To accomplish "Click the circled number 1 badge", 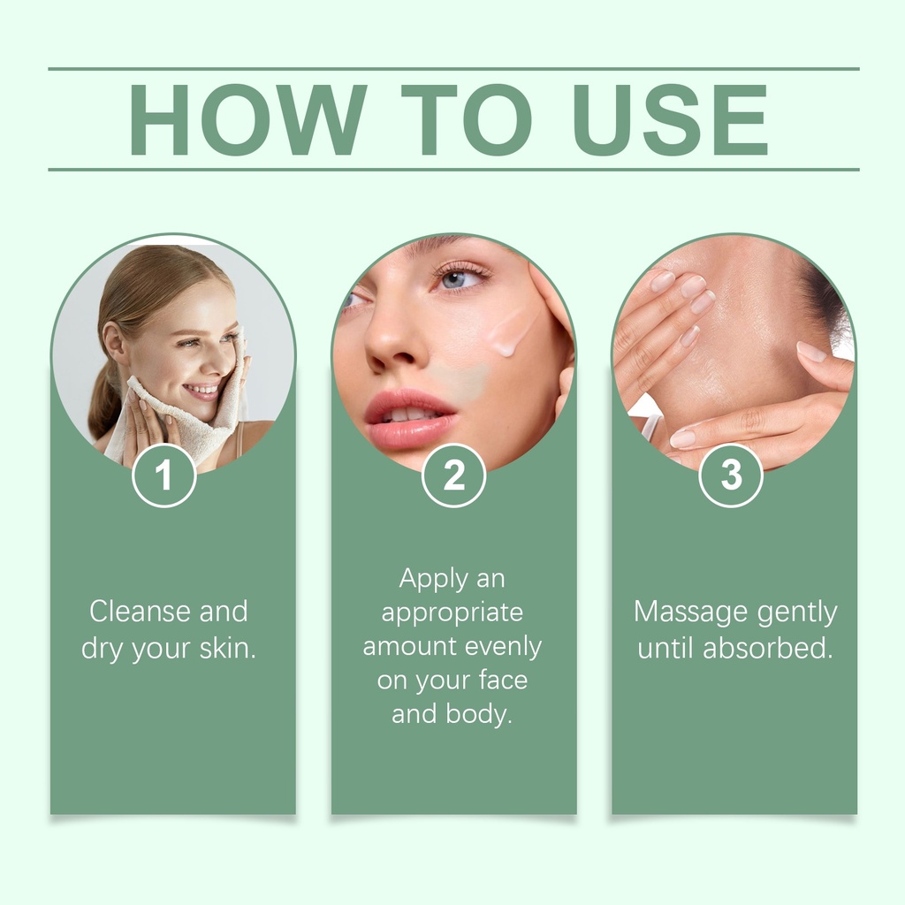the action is tap(164, 475).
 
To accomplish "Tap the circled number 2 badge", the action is tap(453, 475).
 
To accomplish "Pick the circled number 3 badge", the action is tap(731, 475).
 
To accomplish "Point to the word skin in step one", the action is tap(227, 648).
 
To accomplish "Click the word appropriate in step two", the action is tap(452, 613).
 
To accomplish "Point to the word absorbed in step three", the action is tap(768, 648).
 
